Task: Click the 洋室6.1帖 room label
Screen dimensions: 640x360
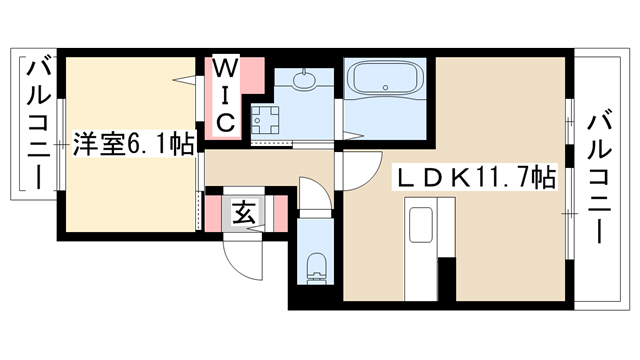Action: point(133,144)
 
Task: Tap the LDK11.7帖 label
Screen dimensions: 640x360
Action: point(474,177)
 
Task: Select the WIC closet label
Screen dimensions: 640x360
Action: point(225,96)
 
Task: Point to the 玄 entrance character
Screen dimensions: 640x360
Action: point(244,213)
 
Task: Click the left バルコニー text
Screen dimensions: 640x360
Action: point(39,124)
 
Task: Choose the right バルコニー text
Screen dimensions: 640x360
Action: point(599,179)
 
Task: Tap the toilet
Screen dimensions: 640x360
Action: point(316,267)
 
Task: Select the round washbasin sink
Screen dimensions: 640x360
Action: point(304,80)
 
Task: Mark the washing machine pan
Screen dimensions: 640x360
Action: point(265,121)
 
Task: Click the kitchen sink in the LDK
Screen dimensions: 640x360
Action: point(420,225)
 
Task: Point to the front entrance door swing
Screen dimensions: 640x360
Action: point(243,260)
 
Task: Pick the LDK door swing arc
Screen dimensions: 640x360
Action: point(363,171)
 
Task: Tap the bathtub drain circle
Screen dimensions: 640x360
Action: point(385,87)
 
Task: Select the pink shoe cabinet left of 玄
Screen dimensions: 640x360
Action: point(213,214)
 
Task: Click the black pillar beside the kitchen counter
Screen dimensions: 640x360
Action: point(447,279)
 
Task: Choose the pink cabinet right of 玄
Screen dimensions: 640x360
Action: point(280,214)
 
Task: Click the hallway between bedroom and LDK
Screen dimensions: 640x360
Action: point(270,168)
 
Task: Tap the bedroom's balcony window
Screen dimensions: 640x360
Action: point(61,144)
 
